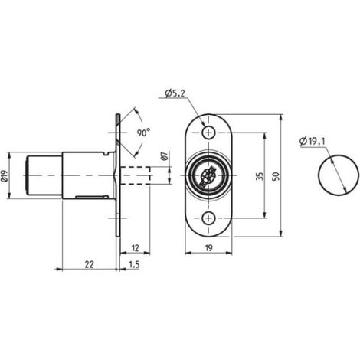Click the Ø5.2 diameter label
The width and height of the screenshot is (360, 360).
(x=175, y=93)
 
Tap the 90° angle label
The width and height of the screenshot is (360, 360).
(x=143, y=133)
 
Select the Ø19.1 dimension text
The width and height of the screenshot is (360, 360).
(x=313, y=141)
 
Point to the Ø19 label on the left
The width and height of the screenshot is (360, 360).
(x=5, y=176)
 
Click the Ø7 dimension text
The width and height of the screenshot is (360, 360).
(x=165, y=155)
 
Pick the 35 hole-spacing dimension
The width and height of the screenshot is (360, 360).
(x=260, y=176)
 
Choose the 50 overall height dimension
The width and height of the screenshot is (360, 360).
(x=276, y=176)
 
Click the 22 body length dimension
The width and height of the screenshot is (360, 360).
(x=89, y=264)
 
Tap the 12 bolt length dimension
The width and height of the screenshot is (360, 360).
(x=135, y=248)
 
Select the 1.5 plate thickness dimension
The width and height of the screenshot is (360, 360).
(x=134, y=264)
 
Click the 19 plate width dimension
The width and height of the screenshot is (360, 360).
(x=208, y=248)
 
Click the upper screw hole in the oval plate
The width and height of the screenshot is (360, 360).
(x=209, y=133)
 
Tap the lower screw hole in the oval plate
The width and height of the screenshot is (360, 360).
(x=209, y=218)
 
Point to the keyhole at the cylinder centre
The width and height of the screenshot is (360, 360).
(x=208, y=176)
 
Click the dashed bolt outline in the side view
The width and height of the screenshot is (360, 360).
(x=136, y=175)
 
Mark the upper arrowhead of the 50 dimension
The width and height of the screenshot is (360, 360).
(x=280, y=118)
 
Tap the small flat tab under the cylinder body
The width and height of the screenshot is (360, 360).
(x=92, y=197)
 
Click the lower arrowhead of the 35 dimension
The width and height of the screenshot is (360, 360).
(x=264, y=215)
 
